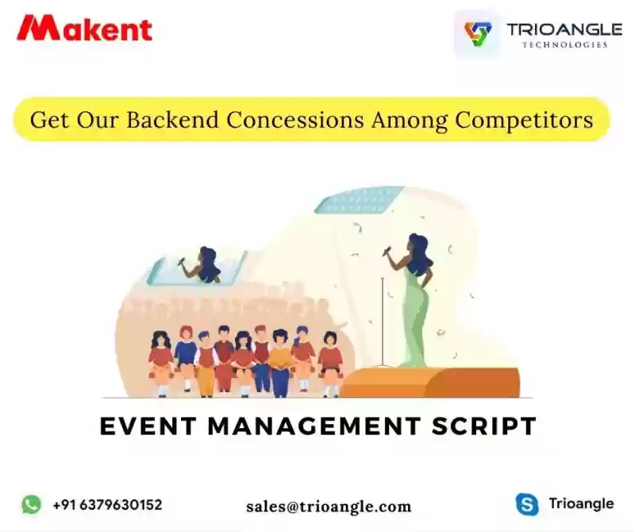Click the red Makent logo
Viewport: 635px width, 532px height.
coord(84,28)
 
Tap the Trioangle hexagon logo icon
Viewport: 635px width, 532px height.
coord(478,33)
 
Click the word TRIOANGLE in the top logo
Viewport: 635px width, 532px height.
coord(564,29)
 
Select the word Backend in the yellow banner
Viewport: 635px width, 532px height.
coord(172,120)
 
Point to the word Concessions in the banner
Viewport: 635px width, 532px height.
coord(295,120)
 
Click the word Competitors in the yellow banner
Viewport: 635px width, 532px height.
coord(524,121)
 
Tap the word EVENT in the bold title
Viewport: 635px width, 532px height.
coord(148,426)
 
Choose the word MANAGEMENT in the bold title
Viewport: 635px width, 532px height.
coord(314,426)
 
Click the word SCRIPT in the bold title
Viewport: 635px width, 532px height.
coord(484,426)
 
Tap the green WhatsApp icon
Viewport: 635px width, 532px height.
coord(31,504)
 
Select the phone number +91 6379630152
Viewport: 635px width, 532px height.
coord(107,505)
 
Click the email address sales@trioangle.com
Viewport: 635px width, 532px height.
coord(329,507)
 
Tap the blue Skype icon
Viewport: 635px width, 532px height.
coord(527,504)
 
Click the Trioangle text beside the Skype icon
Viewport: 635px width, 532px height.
coord(581,503)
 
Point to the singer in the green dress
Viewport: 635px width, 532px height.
coord(411,300)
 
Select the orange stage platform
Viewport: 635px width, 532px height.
coord(429,382)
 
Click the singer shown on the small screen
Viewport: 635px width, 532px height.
coord(202,265)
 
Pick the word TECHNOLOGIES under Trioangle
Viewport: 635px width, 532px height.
coord(564,44)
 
